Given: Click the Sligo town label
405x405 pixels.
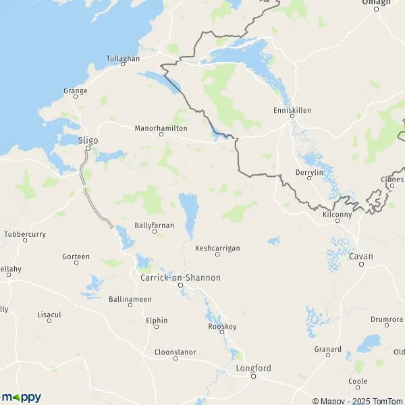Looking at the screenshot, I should (88, 140).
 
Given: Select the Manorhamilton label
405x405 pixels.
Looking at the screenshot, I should (161, 127).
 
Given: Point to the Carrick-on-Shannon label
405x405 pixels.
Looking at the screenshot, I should (180, 277).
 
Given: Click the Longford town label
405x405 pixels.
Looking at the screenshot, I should (253, 368).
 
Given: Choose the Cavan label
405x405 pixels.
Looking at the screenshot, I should (361, 256).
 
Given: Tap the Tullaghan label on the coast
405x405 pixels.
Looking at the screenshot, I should (123, 58).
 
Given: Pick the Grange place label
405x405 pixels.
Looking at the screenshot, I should (76, 90).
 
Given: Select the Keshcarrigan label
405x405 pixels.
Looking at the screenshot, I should (217, 247).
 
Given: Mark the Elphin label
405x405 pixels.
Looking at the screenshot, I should (157, 321).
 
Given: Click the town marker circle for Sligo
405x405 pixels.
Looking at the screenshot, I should (88, 148).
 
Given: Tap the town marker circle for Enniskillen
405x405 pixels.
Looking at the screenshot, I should (292, 117).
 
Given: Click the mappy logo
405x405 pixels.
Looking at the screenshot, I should (21, 397).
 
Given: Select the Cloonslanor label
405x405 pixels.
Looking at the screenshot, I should (175, 352).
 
